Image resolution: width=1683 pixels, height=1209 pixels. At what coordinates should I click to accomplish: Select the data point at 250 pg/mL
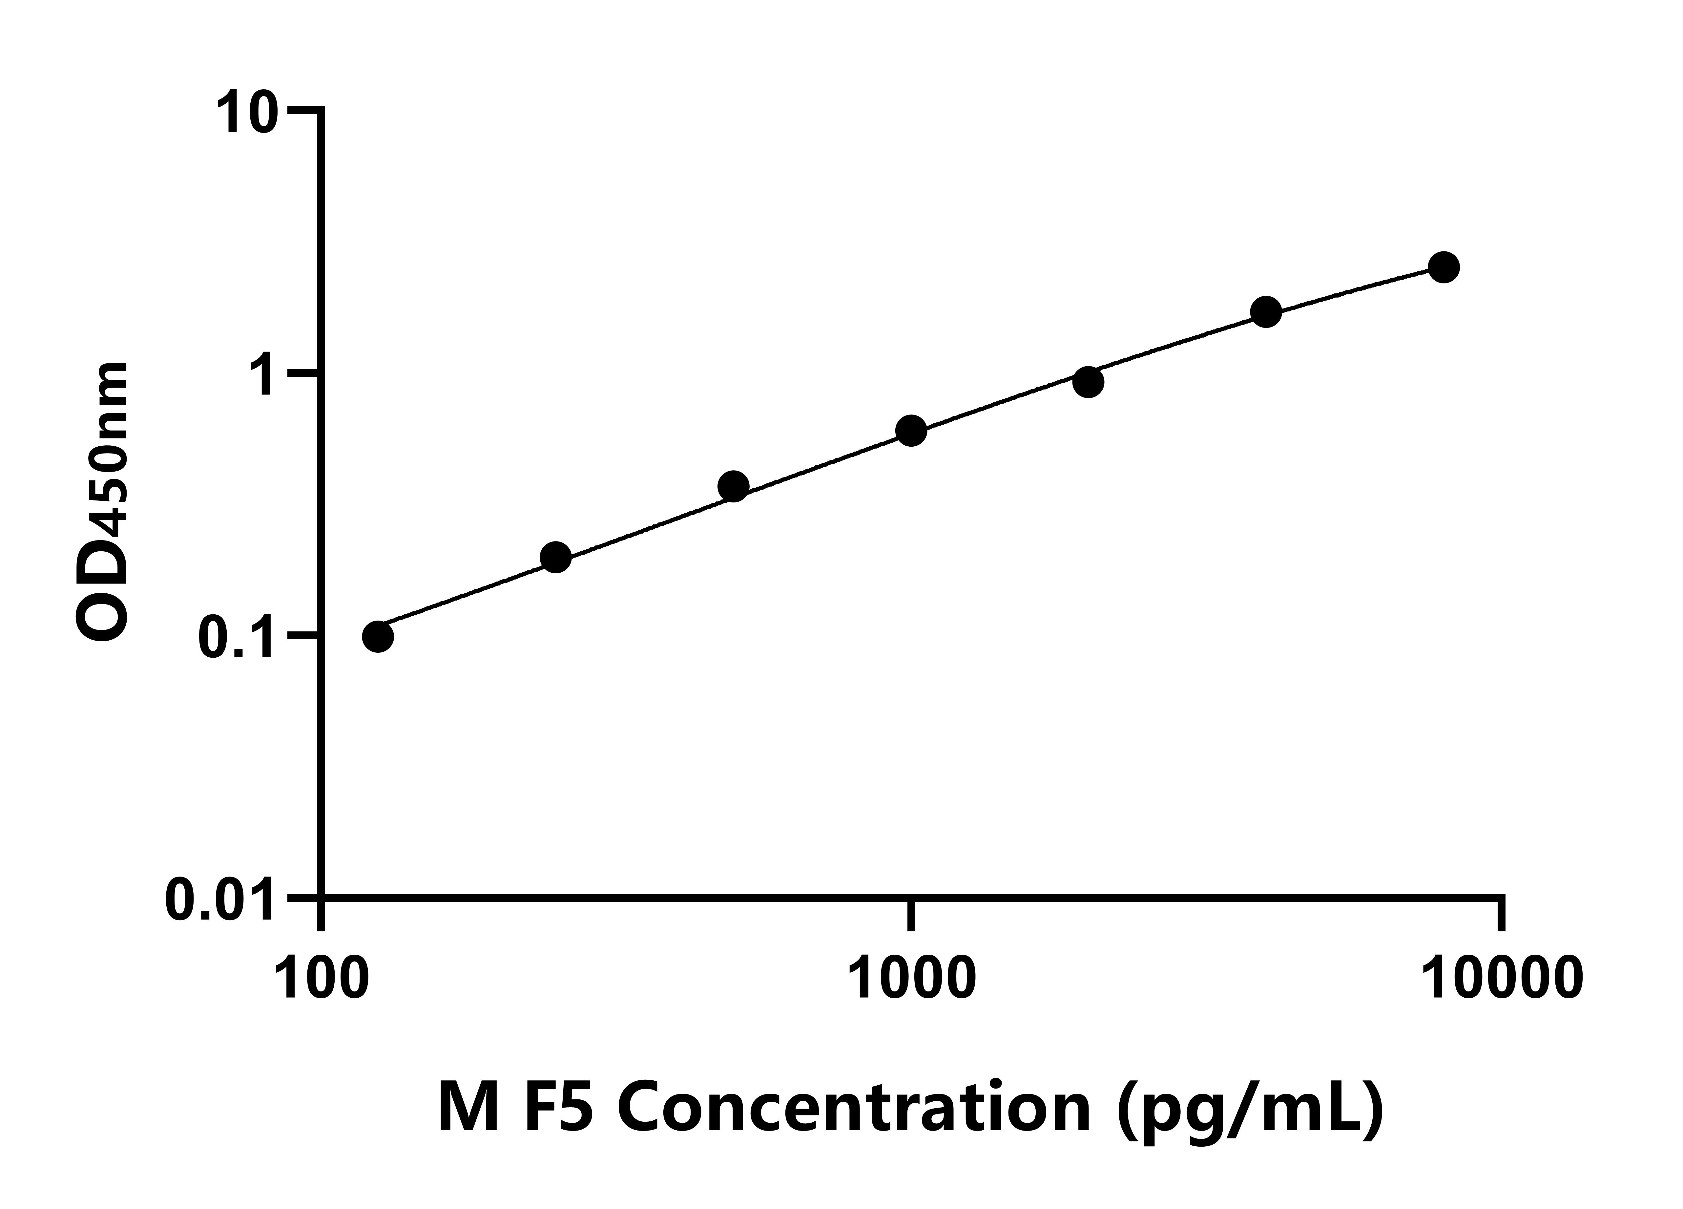pyautogui.click(x=556, y=557)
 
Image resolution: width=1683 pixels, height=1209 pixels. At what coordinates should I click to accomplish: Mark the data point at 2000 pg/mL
pyautogui.click(x=1088, y=382)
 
